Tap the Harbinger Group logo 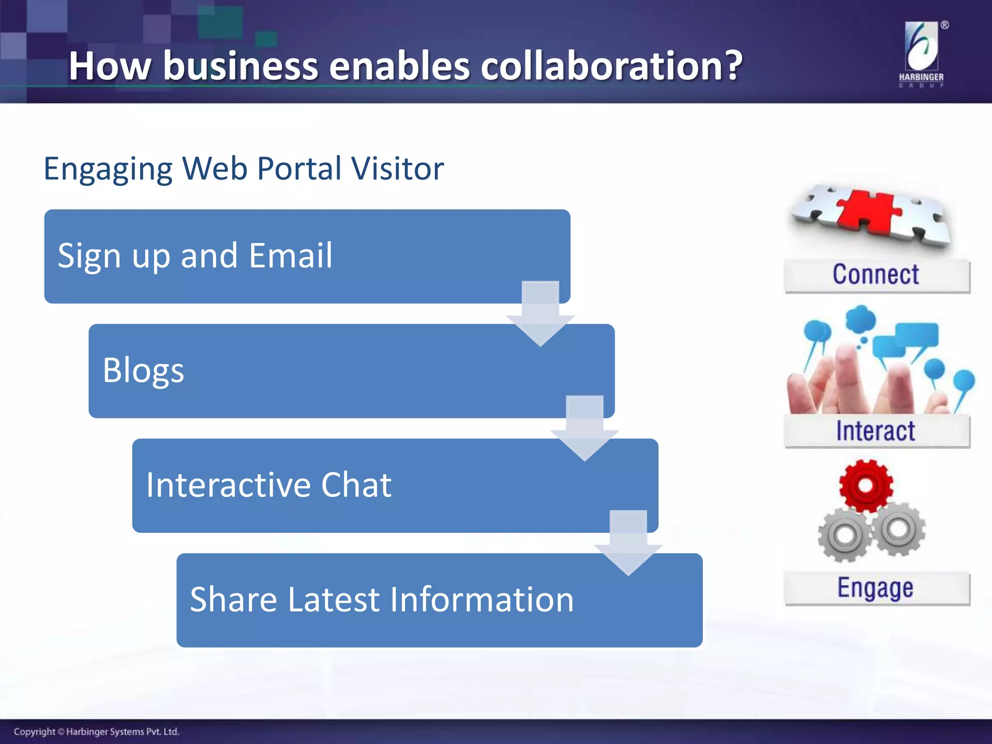point(921,53)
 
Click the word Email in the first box point(291,255)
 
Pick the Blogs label point(143,371)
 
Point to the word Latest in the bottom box point(334,600)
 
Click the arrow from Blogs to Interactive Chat point(585,429)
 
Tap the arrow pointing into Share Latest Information point(628,543)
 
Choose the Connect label point(876,275)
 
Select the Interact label point(876,431)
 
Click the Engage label point(876,588)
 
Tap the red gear point(866,485)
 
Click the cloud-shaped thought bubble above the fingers point(860,319)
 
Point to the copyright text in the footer point(96,731)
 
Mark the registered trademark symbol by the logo point(945,25)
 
